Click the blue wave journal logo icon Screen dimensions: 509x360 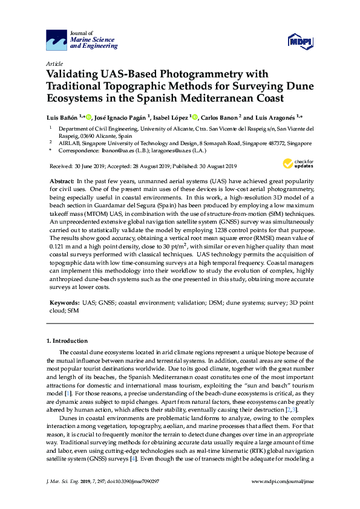[57, 41]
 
